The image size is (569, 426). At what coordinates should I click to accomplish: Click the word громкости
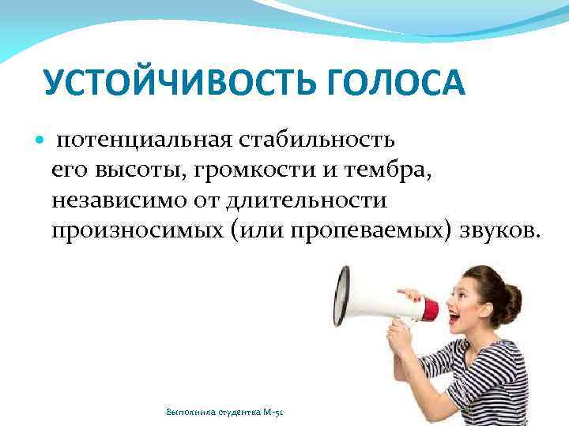pyautogui.click(x=236, y=170)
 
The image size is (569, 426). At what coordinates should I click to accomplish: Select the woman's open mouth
pyautogui.click(x=454, y=318)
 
